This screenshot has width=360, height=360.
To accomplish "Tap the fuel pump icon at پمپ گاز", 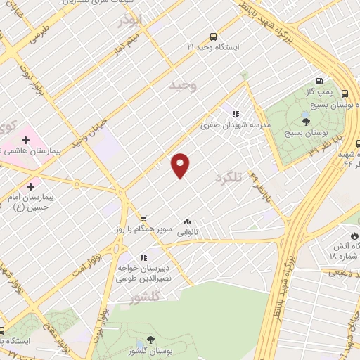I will coord(320,82).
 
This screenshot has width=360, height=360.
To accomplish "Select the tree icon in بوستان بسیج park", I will coord(305,122).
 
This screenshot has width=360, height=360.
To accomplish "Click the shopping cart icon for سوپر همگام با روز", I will coord(143,219).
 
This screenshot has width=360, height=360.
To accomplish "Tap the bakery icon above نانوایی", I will coord(187,220).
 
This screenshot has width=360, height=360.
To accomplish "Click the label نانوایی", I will coord(188,230).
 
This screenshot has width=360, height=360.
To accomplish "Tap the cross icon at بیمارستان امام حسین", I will coord(30,187).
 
